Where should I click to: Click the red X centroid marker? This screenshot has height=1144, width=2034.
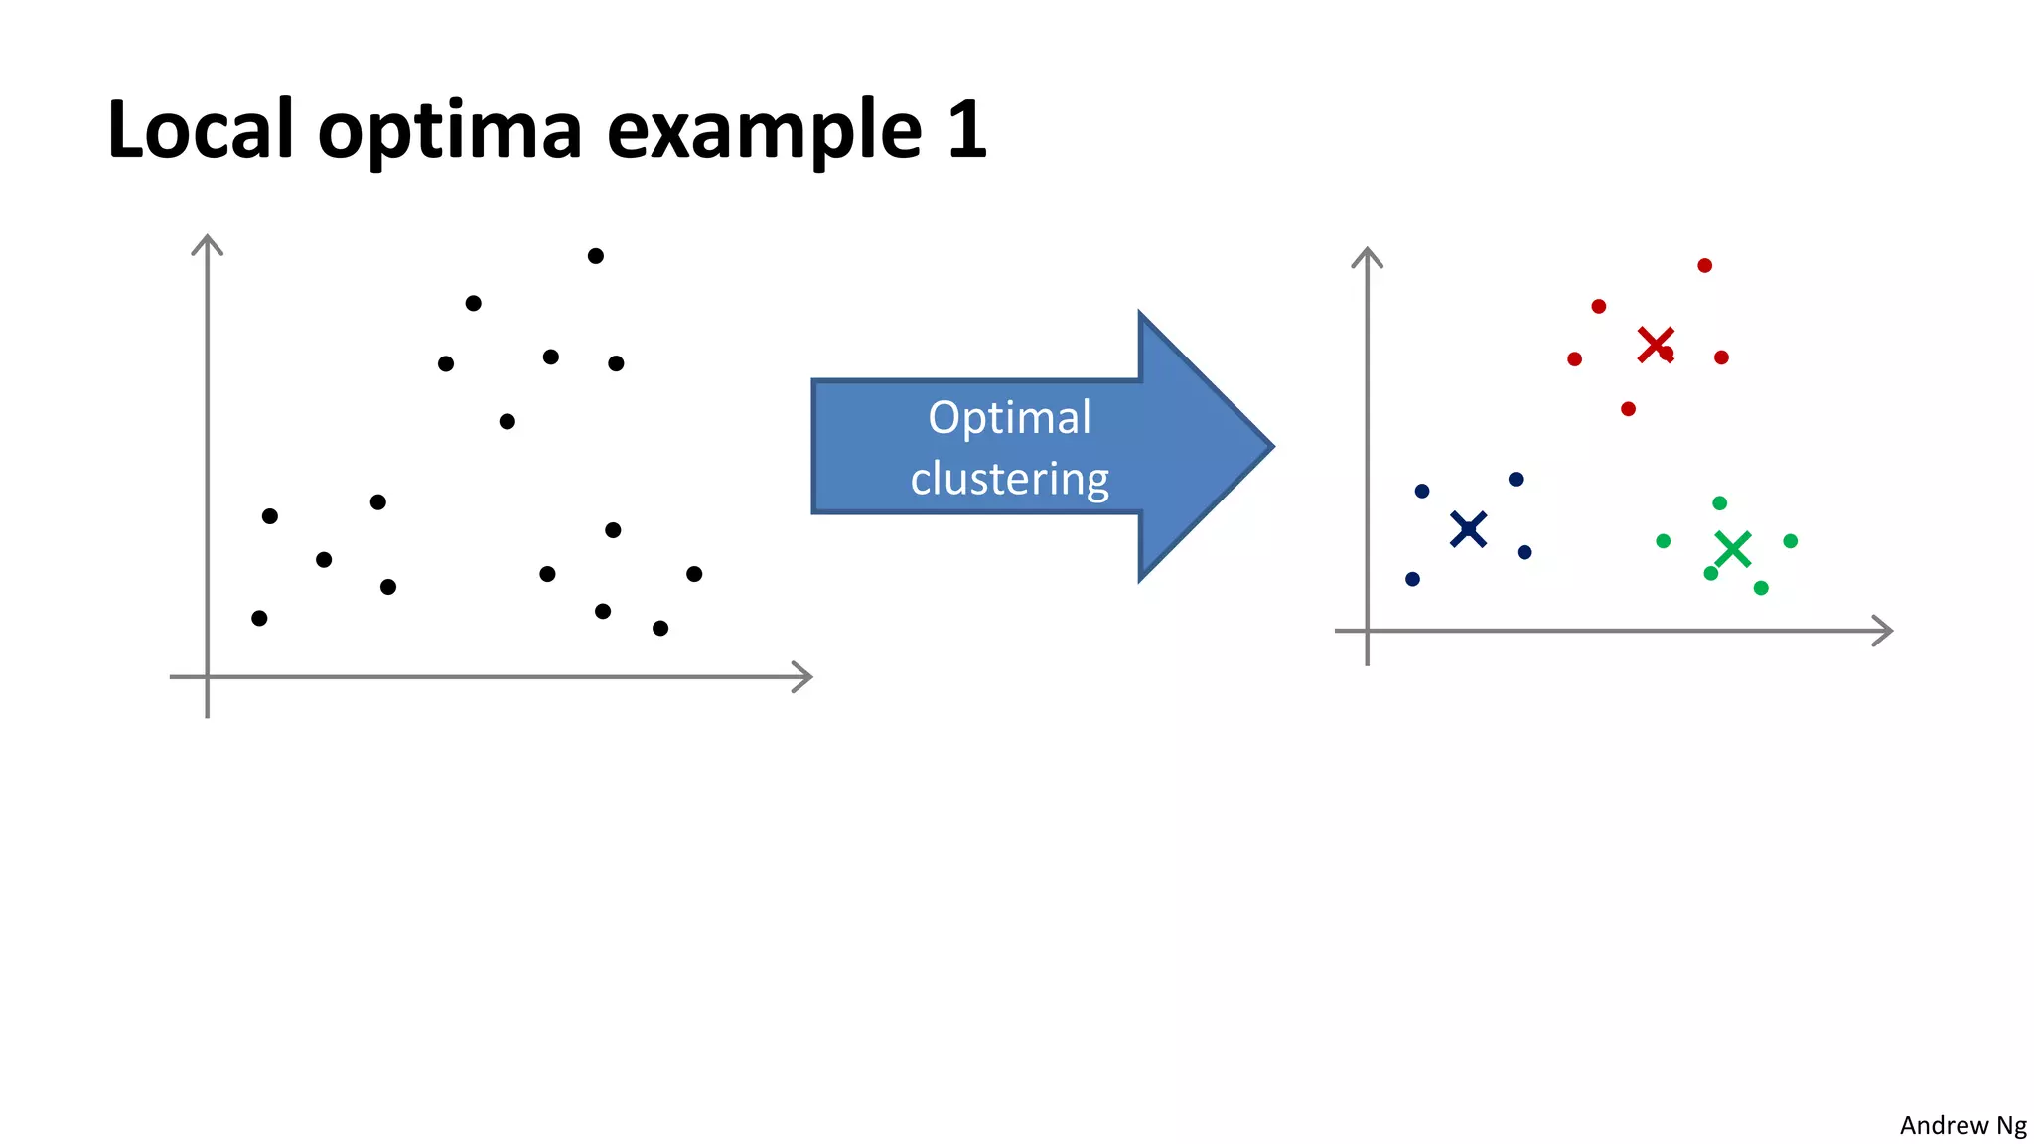[1655, 345]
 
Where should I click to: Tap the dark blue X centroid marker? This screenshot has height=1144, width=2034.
[1468, 529]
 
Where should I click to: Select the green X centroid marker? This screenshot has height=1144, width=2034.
[1733, 549]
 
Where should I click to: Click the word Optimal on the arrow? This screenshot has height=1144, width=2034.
[1009, 418]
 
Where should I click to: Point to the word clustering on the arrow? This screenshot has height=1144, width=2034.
[1009, 480]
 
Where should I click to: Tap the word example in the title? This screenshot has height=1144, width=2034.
[764, 131]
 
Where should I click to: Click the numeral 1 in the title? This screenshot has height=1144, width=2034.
[966, 129]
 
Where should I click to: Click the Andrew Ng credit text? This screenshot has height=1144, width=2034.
[1962, 1125]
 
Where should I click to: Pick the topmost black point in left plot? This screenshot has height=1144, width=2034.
[596, 256]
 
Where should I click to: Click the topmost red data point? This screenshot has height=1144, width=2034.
[1705, 265]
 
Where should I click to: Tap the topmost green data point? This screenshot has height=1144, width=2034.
[1720, 503]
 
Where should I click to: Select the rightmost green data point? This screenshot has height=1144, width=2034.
[1791, 541]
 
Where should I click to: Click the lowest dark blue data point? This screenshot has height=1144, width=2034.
[1413, 579]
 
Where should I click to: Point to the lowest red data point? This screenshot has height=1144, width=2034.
[1629, 409]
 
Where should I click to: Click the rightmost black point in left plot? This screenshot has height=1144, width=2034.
[694, 574]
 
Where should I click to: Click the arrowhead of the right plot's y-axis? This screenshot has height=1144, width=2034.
[1368, 255]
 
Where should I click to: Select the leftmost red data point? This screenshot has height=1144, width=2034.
[1575, 358]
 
